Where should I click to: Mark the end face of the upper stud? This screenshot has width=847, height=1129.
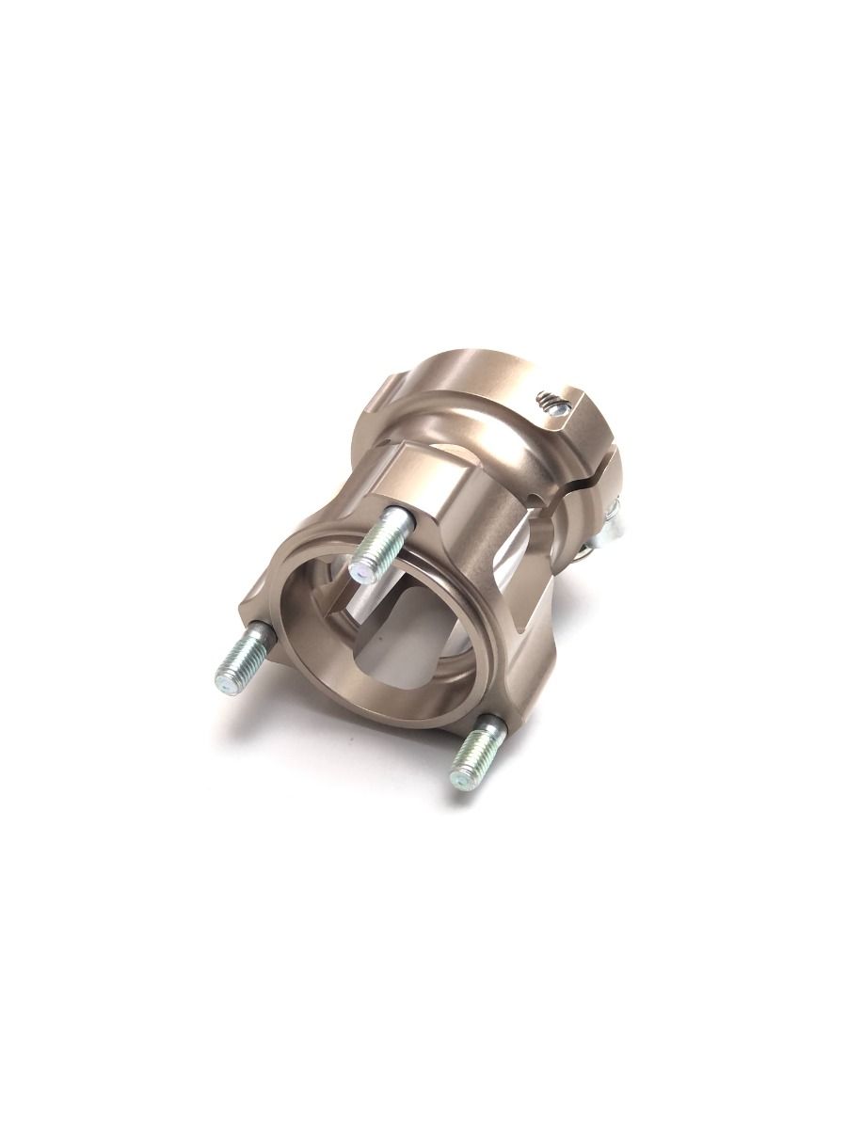[361, 569]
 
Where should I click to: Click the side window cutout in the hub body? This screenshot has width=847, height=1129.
[527, 546]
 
